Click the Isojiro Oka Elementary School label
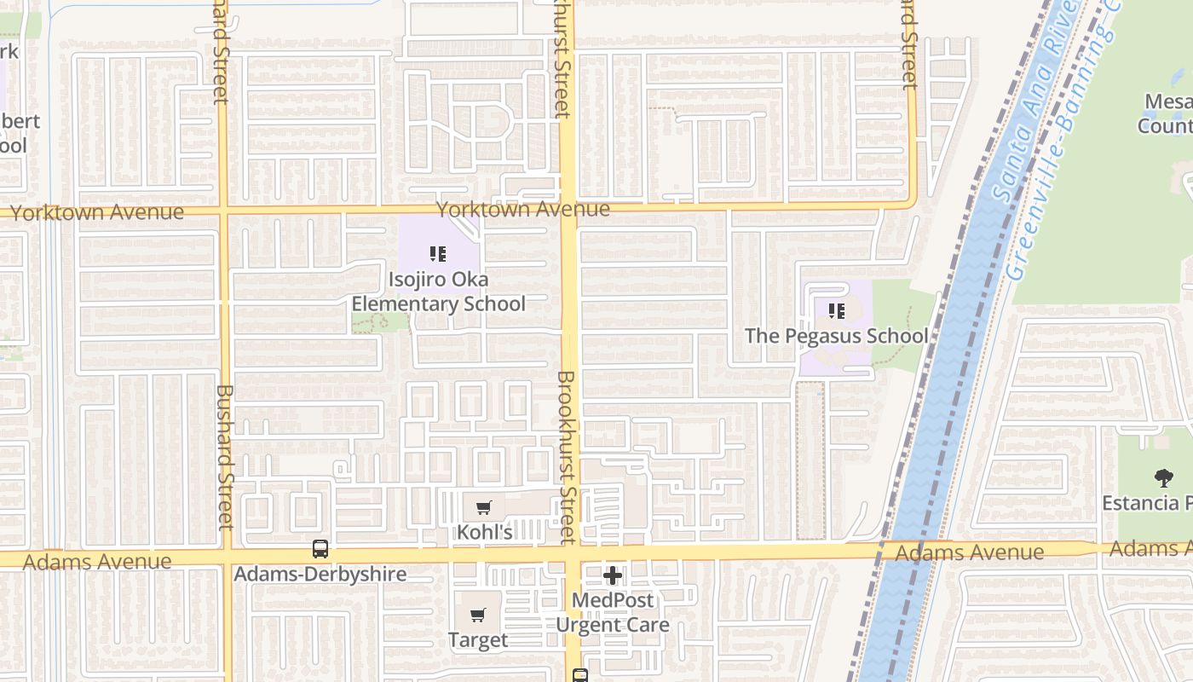(438, 292)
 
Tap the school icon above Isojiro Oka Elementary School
(438, 253)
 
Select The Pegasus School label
(836, 336)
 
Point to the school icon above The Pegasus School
(836, 311)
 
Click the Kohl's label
(484, 532)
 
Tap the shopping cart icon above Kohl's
(483, 508)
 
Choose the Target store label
(478, 639)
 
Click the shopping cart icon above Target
(478, 615)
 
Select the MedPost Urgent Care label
(612, 612)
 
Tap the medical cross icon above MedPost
(612, 575)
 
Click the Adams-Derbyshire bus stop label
(320, 574)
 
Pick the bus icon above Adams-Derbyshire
(320, 549)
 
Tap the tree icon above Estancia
(1163, 477)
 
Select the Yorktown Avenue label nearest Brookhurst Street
(523, 209)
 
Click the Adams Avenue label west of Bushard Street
(97, 562)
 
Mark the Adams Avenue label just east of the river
(970, 552)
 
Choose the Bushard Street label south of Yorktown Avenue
(225, 456)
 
